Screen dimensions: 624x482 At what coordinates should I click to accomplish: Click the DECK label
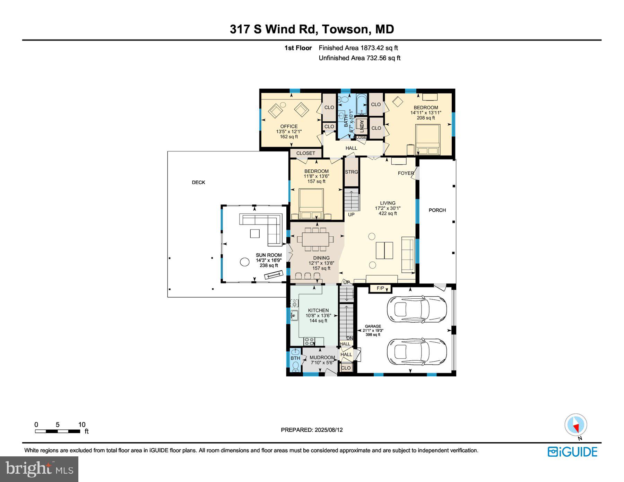(199, 182)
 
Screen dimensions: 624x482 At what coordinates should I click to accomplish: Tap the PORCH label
(437, 210)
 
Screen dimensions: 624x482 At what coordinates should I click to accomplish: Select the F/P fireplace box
(380, 288)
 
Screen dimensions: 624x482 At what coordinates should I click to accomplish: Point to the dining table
(315, 239)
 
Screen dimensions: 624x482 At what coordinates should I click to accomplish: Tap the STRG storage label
(352, 172)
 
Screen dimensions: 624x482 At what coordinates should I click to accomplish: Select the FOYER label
(406, 173)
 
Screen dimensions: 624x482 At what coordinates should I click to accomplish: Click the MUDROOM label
(322, 357)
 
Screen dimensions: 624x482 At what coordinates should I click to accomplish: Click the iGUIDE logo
(572, 452)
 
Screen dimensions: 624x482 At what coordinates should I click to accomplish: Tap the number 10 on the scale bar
(82, 424)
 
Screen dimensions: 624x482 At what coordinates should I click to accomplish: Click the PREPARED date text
(312, 430)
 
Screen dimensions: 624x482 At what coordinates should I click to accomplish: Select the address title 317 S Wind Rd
(274, 29)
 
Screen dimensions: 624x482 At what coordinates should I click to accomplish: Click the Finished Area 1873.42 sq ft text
(358, 48)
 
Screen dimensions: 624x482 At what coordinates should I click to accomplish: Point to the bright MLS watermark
(39, 469)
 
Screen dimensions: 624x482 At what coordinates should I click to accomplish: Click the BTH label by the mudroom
(295, 358)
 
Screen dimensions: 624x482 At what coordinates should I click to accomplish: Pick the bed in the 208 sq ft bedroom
(428, 140)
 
